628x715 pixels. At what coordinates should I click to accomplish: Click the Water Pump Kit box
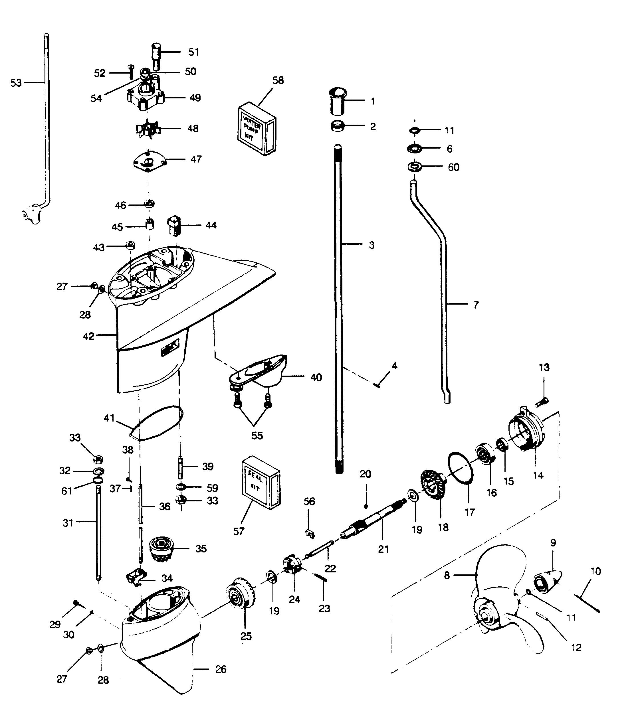257,129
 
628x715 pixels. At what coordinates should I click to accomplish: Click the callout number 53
16,83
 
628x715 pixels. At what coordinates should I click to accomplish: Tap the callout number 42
88,336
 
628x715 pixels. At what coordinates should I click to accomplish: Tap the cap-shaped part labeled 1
337,102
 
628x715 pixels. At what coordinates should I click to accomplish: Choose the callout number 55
257,436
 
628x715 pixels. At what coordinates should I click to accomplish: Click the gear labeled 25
241,593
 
